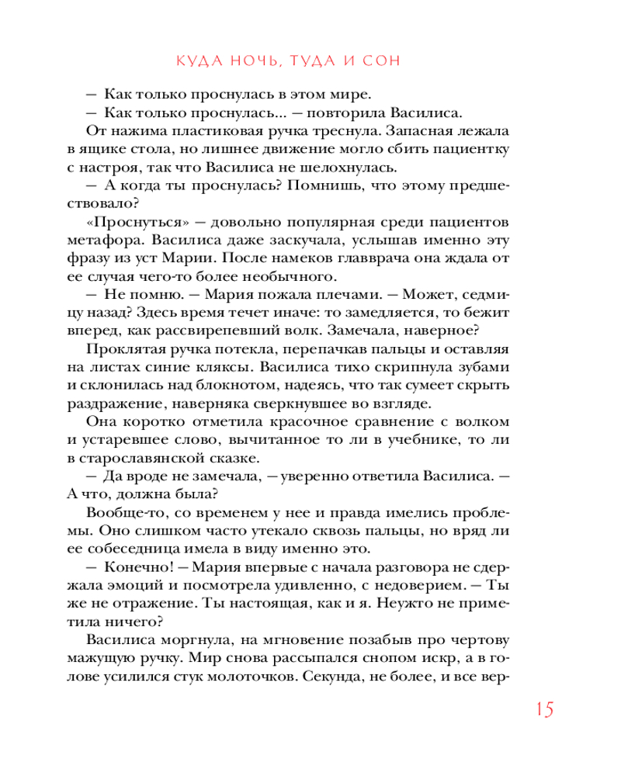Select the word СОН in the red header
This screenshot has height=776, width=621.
coord(382,61)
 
